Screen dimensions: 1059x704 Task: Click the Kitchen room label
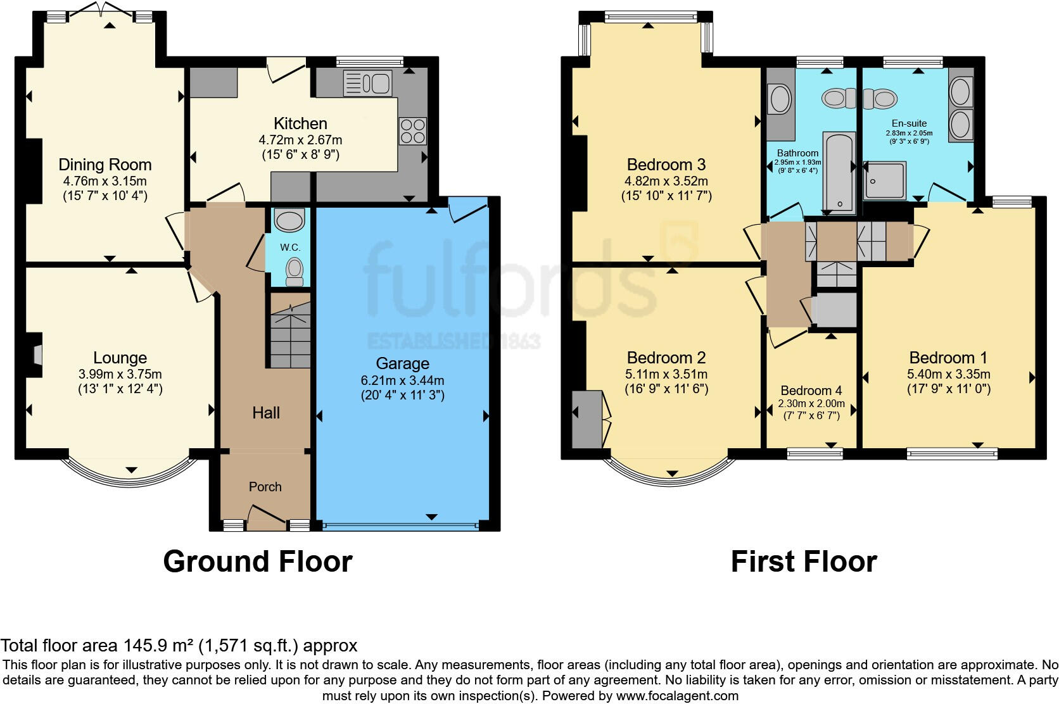(300, 124)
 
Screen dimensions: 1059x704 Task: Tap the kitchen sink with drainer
(368, 83)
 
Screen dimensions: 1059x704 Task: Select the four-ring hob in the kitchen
(413, 131)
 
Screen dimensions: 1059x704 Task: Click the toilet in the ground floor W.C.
(295, 272)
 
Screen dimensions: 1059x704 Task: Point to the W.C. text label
(290, 248)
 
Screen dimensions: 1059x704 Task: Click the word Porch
(265, 487)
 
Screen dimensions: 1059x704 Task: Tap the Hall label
(265, 413)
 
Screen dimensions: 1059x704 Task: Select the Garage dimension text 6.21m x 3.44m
(402, 380)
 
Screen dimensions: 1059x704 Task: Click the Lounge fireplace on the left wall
(34, 355)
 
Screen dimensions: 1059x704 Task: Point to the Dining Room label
(105, 165)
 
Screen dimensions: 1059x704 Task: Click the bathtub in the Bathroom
(839, 172)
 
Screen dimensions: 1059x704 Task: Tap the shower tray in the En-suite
(885, 180)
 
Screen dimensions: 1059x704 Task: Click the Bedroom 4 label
(811, 391)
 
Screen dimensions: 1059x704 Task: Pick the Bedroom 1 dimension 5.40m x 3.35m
(948, 374)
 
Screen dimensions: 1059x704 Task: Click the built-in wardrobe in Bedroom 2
(587, 419)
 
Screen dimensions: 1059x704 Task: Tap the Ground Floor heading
(258, 562)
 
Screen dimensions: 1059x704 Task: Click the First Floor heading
(804, 562)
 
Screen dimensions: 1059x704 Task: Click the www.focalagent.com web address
(677, 696)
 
